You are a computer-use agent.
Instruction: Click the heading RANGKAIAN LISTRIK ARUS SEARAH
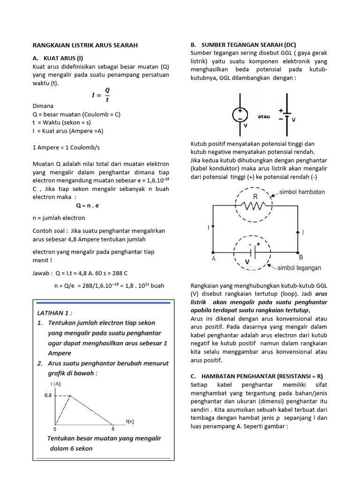(85, 45)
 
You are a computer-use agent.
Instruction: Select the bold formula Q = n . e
(88, 205)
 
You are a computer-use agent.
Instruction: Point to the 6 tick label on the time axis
(113, 428)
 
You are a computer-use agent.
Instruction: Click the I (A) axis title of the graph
(55, 384)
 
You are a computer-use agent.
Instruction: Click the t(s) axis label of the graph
(130, 421)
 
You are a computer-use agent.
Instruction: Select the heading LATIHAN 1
(55, 313)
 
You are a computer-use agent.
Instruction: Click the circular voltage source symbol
(240, 115)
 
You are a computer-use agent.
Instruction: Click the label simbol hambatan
(302, 192)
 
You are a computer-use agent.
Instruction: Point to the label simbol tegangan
(300, 268)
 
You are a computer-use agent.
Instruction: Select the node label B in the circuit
(300, 257)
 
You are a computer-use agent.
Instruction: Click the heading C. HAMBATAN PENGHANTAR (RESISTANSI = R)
(257, 376)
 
